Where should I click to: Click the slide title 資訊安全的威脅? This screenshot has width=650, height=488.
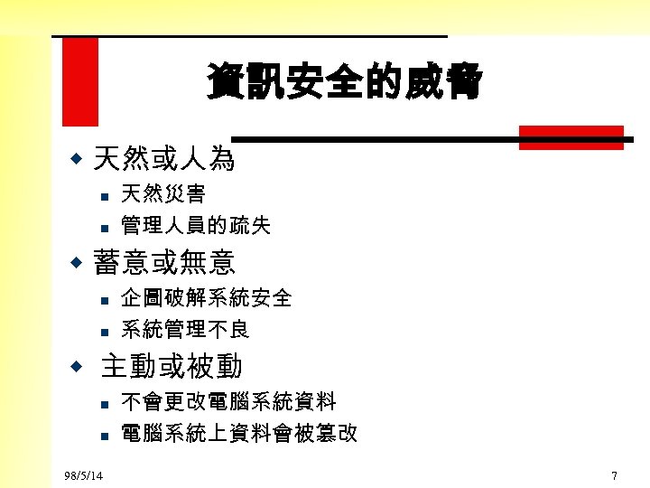click(344, 81)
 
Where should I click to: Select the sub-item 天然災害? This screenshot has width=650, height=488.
click(163, 193)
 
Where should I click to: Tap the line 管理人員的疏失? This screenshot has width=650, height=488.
click(196, 225)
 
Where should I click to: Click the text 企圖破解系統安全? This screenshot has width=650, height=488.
click(207, 297)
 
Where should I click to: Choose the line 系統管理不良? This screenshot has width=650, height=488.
click(185, 329)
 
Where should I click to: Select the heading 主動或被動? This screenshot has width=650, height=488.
click(172, 366)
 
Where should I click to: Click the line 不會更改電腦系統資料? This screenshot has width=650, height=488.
click(228, 401)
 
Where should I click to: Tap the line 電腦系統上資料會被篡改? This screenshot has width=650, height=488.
click(239, 434)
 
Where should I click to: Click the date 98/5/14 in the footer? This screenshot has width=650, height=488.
click(84, 475)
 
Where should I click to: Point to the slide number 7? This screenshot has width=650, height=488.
click(614, 475)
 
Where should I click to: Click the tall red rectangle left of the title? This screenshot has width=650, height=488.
click(79, 81)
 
